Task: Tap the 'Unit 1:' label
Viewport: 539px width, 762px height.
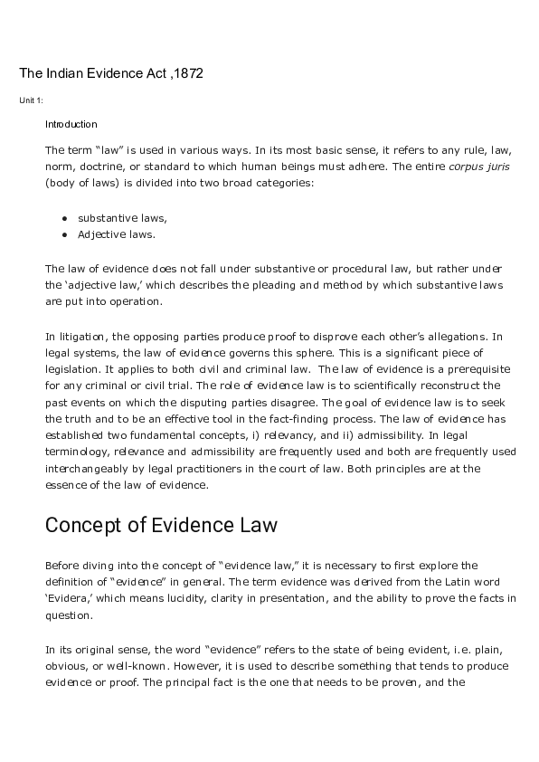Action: [31, 100]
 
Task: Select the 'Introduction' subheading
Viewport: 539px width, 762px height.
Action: [71, 124]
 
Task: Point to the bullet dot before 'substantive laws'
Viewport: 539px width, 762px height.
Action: [65, 218]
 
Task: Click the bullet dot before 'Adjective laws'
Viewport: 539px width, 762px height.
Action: [65, 234]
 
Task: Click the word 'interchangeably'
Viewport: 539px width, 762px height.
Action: [86, 468]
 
